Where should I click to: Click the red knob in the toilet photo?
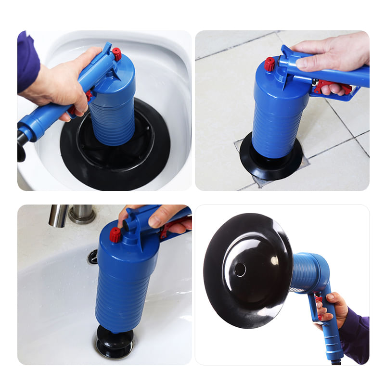116,54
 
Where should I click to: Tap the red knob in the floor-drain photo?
270,64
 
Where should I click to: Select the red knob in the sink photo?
115,234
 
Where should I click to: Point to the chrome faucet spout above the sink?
59,216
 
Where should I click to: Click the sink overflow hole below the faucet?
92,257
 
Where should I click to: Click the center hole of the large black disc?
241,270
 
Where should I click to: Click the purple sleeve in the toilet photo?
28,60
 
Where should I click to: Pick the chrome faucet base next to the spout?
82,214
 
